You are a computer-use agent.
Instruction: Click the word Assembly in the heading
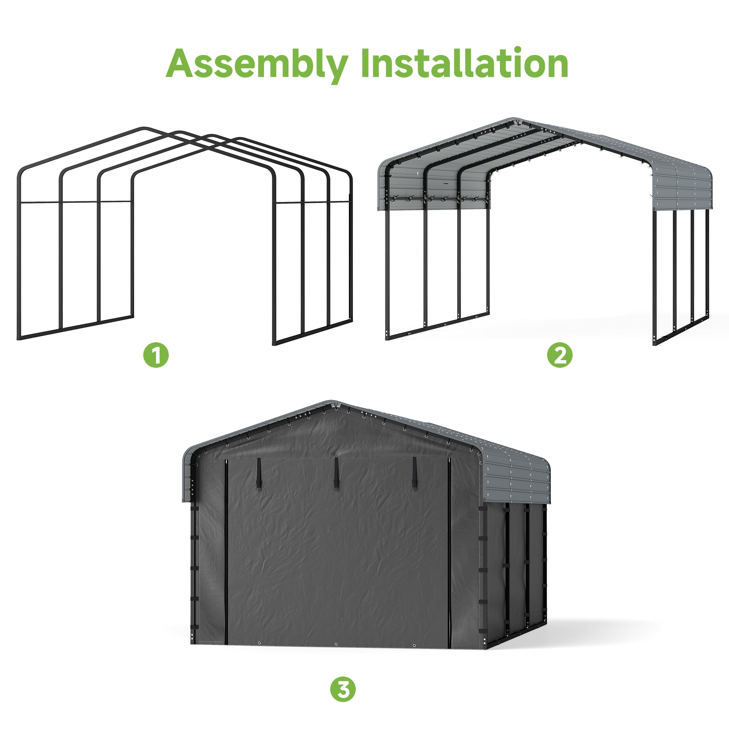[x=257, y=65]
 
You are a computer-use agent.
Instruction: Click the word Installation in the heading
[x=464, y=63]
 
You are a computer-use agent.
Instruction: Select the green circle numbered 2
[x=560, y=355]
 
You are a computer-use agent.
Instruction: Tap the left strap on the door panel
[x=260, y=474]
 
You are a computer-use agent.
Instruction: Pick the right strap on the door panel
[x=415, y=474]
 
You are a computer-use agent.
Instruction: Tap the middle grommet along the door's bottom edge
[x=336, y=644]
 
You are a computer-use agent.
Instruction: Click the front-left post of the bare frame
[x=19, y=257]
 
